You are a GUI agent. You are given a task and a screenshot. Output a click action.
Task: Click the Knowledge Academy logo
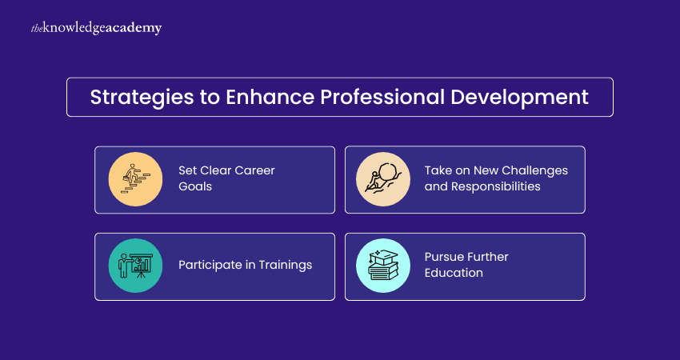coord(96,29)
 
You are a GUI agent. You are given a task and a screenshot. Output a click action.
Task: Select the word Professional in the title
coord(383,97)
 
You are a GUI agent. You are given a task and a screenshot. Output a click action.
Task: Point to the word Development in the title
coord(519,98)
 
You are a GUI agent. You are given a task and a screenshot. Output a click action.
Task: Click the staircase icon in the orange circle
coord(135,179)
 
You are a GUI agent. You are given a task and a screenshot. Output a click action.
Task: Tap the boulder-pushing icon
coord(383,178)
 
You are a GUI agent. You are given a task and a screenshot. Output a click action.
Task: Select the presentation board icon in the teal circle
coord(135,266)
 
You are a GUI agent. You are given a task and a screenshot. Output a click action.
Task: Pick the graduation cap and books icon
coord(383,266)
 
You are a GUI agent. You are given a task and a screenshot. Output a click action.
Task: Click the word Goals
coord(195,186)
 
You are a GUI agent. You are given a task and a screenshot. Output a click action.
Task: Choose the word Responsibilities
coord(496,186)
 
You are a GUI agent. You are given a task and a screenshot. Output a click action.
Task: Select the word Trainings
coord(286,265)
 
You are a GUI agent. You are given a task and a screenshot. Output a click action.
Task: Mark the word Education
coord(454,273)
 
